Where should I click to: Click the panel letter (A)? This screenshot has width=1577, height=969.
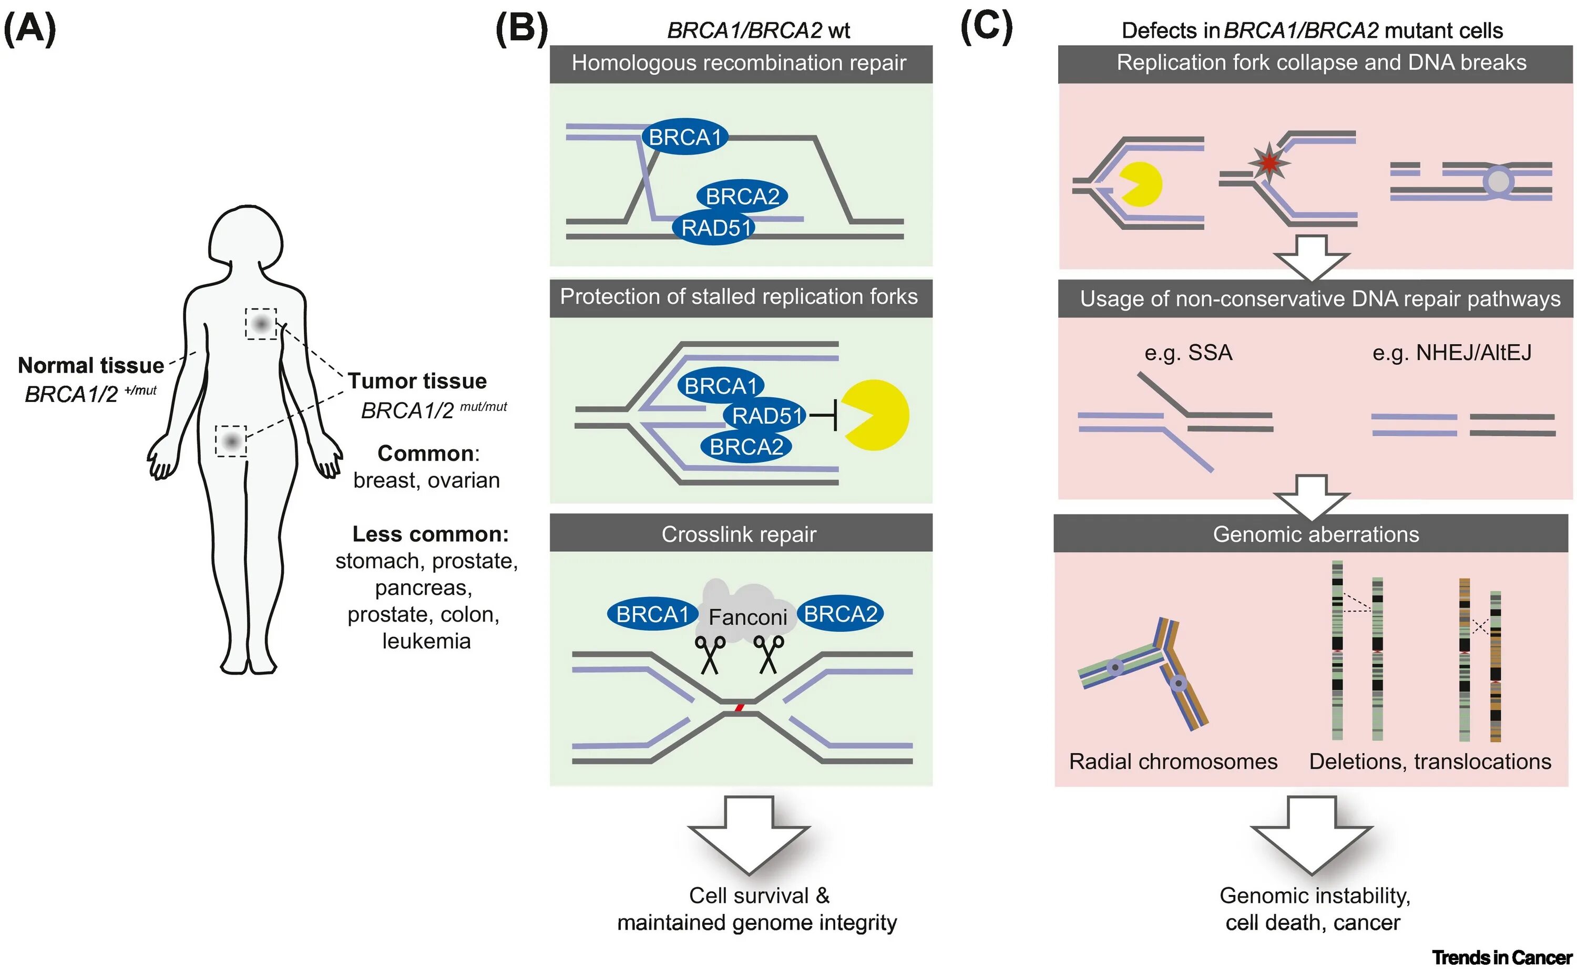point(29,30)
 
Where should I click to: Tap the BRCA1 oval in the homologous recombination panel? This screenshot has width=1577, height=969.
point(684,137)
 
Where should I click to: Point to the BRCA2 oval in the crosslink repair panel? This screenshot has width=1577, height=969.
point(840,614)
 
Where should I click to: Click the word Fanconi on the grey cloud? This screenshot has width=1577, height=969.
point(747,617)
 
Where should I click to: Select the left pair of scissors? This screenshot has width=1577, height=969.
point(710,654)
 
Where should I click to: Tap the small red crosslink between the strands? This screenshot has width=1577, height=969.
point(739,707)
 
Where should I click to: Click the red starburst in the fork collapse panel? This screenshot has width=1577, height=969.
point(1268,163)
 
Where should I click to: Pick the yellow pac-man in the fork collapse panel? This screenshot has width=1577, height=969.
point(1140,184)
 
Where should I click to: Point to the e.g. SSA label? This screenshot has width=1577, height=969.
point(1188,353)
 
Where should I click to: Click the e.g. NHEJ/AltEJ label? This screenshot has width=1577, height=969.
point(1451,353)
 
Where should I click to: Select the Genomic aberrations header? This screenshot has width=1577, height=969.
point(1315,534)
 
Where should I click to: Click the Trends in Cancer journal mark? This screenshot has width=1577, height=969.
point(1502,957)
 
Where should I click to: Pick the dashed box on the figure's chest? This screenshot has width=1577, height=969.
point(261,324)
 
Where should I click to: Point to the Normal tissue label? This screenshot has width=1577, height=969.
point(90,365)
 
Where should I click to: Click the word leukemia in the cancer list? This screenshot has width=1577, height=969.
point(426,641)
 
